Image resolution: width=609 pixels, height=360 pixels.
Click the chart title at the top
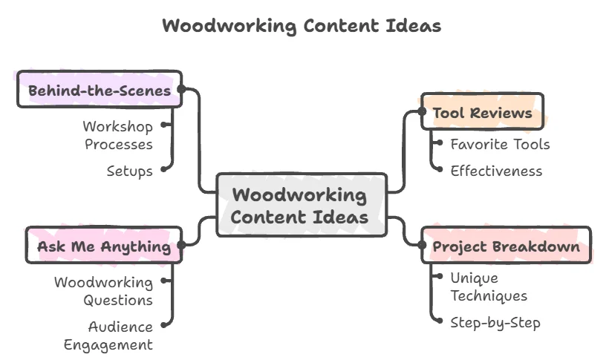tap(302, 26)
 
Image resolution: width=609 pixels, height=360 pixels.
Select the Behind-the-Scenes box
tap(100, 89)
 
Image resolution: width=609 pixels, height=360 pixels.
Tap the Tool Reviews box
tap(482, 111)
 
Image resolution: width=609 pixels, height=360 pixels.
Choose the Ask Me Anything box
tap(104, 245)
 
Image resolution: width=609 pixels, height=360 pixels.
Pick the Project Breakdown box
tap(506, 245)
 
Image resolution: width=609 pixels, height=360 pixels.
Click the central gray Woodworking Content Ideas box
tap(302, 205)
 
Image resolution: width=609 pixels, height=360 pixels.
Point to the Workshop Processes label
tap(118, 135)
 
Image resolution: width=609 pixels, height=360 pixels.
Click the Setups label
tap(130, 171)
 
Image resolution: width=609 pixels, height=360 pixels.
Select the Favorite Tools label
tap(500, 144)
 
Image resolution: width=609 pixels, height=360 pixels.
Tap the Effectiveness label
tap(496, 171)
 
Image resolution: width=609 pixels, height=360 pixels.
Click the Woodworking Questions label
tap(103, 291)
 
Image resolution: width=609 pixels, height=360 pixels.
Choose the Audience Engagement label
tap(108, 336)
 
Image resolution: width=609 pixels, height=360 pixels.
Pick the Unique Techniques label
tap(489, 287)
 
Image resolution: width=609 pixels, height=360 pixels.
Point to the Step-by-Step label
tap(495, 323)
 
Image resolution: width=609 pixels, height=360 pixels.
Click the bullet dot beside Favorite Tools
tap(439, 143)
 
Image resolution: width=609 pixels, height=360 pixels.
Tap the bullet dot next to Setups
tap(164, 169)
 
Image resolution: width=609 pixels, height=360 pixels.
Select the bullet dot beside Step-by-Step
tap(439, 321)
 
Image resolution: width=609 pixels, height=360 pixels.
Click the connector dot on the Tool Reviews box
tap(422, 111)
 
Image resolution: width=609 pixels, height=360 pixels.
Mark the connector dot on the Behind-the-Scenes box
tap(181, 89)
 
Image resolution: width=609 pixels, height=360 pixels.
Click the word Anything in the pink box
tap(136, 246)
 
